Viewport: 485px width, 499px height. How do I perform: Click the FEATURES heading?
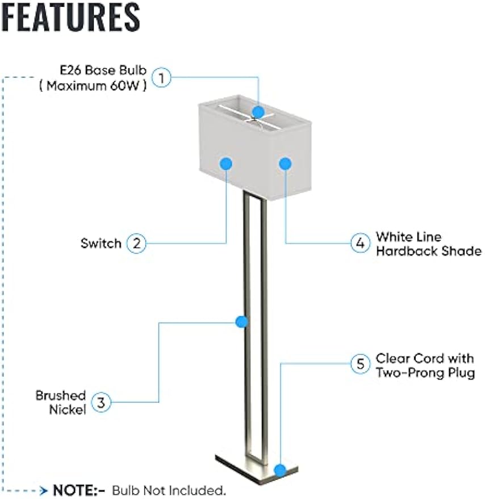[x=71, y=16]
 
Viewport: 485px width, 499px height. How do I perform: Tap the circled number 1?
[x=162, y=77]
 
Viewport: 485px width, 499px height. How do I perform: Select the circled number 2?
[x=136, y=244]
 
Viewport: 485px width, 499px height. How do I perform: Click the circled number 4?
[x=359, y=244]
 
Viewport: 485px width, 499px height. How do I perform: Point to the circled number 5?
[x=359, y=364]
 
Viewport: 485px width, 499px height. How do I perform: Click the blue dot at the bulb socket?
[x=259, y=112]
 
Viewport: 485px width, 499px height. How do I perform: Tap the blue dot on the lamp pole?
[x=242, y=322]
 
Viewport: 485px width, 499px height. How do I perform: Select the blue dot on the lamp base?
[x=279, y=469]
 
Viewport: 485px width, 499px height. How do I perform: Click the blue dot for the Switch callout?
[x=226, y=163]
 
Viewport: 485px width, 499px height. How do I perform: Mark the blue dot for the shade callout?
[x=285, y=163]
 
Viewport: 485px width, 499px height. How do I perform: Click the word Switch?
[x=101, y=244]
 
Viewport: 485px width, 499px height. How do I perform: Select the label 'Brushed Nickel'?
[x=61, y=402]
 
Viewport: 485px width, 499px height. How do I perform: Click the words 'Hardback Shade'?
[x=428, y=251]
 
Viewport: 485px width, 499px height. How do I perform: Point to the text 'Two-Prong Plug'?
[x=425, y=373]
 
